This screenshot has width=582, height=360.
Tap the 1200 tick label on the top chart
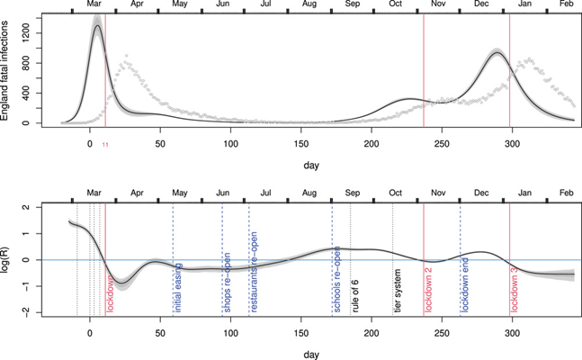(31, 31)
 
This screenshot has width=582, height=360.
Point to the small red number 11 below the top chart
(105, 145)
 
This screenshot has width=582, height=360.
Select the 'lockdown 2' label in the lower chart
(429, 289)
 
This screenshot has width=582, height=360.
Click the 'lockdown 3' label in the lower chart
(515, 289)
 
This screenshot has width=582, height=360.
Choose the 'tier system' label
(398, 291)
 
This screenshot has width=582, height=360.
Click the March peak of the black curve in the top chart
(96, 26)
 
